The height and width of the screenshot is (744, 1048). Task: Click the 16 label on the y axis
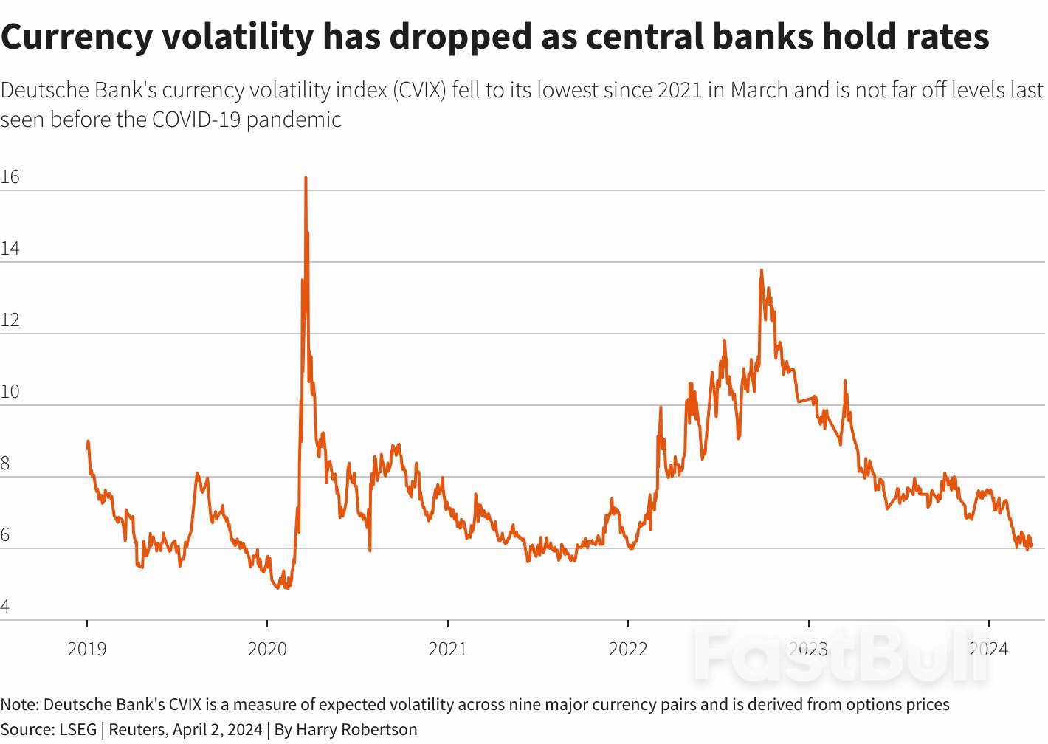pyautogui.click(x=10, y=177)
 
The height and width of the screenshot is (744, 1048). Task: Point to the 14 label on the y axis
pyautogui.click(x=10, y=249)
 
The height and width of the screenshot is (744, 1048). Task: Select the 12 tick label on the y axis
pyautogui.click(x=10, y=320)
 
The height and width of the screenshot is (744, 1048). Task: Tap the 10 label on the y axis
pyautogui.click(x=10, y=392)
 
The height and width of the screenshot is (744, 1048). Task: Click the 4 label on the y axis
pyautogui.click(x=5, y=607)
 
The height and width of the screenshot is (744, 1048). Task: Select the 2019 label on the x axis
pyautogui.click(x=87, y=650)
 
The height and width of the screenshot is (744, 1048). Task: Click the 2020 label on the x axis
pyautogui.click(x=267, y=650)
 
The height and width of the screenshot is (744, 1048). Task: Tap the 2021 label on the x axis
pyautogui.click(x=448, y=650)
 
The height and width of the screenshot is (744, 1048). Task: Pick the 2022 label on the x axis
pyautogui.click(x=628, y=650)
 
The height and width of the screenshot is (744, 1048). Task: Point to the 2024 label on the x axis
pyautogui.click(x=988, y=650)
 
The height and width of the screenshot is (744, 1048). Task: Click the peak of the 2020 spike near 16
pyautogui.click(x=306, y=178)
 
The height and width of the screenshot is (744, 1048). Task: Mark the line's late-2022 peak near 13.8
pyautogui.click(x=762, y=271)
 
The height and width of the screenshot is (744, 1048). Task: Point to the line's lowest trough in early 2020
pyautogui.click(x=287, y=588)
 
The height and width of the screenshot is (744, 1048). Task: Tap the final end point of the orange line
pyautogui.click(x=1031, y=545)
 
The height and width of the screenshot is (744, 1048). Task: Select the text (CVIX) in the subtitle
pyautogui.click(x=418, y=90)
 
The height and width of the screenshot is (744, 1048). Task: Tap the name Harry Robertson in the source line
pyautogui.click(x=356, y=730)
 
